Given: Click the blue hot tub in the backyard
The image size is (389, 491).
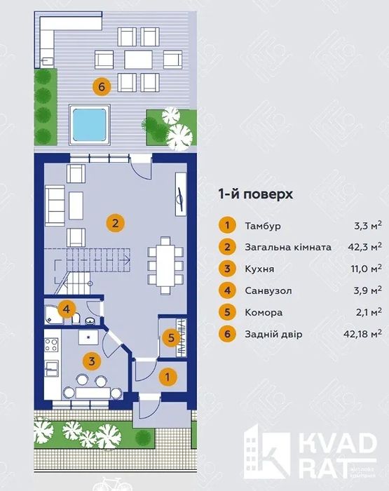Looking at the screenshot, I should [90, 123].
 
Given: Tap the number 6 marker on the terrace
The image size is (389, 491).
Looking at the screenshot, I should [102, 87].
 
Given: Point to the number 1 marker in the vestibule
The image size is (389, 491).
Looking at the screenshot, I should [166, 377].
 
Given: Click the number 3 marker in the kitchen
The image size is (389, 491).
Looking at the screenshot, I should [91, 361].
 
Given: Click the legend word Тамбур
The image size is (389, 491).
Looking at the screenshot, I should [262, 226].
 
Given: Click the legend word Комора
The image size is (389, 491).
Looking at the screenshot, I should [264, 312].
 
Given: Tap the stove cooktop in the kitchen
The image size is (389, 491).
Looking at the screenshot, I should [51, 345].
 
